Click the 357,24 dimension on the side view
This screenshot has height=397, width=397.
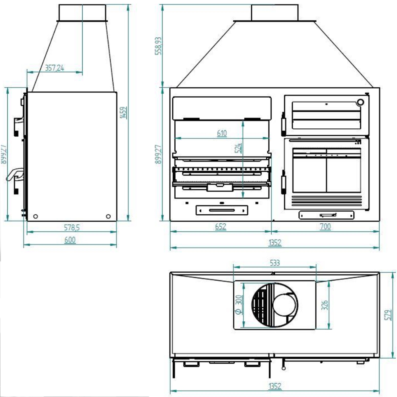coord(54,68)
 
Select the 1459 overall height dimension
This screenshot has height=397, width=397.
coord(123,113)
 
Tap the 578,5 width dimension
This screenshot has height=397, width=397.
coord(71,228)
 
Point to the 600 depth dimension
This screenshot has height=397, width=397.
coord(70,240)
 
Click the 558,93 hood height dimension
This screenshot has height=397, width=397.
coord(159,46)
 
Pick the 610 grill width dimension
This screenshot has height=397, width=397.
coord(222,133)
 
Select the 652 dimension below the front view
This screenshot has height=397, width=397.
coord(220,227)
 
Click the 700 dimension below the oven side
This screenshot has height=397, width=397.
coord(326,227)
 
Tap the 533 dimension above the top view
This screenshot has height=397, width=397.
coord(275,263)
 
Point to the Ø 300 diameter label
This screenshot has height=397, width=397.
coord(239,304)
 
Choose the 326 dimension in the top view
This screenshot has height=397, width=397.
coord(325,305)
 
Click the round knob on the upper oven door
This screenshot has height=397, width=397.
coord(360,102)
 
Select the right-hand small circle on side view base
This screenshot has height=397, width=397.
coord(108,216)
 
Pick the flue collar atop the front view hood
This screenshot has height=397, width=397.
coord(275,13)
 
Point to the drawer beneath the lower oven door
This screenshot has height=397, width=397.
coord(327,215)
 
